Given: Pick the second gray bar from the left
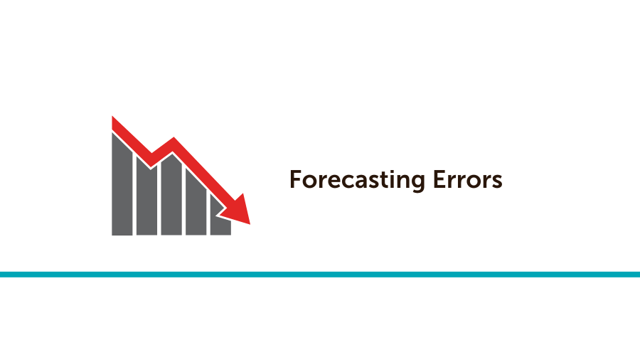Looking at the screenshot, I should [146, 199].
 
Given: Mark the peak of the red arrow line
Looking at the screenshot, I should [172, 142].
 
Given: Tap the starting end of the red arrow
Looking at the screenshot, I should [114, 122].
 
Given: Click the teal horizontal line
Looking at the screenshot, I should [320, 274].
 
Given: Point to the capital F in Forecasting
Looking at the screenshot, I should [294, 179].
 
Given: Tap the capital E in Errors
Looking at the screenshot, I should [439, 179].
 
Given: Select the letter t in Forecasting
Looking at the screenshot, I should [383, 180].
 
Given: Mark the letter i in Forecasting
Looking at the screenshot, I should [390, 179].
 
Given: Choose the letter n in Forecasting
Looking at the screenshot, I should [401, 181].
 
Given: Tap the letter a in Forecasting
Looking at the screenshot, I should [361, 181].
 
